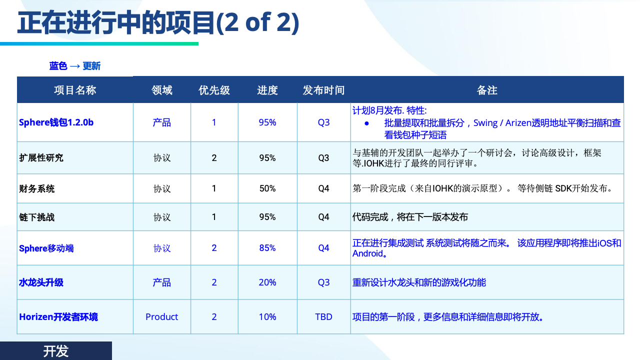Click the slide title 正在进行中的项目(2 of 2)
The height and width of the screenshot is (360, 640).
coord(158,23)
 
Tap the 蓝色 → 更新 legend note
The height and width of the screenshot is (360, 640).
coord(75,66)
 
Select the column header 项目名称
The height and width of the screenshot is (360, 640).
coord(75,90)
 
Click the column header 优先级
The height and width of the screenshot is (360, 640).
coord(214,90)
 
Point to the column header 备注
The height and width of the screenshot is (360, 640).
coord(487,90)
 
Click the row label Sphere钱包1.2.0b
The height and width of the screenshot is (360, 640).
coord(56,122)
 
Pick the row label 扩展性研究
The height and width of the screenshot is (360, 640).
coord(41,157)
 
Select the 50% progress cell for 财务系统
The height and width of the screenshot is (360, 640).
coord(267,188)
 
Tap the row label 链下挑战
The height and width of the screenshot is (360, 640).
coord(37,217)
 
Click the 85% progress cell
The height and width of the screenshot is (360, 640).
coord(267,248)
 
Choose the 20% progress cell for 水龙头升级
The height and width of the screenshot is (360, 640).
coord(267,282)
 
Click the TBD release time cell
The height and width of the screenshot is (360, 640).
coord(323,317)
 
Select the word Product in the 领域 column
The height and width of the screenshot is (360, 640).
coord(161,317)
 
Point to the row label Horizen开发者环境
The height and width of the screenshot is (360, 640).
coord(58,317)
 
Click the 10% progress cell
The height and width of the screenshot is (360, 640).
coord(267,317)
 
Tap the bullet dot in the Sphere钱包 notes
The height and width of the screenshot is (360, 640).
coord(367,123)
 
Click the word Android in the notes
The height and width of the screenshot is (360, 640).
coord(367,253)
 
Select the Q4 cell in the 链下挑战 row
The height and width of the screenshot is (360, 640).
coord(323,217)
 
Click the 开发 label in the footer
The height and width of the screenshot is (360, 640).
coord(56,351)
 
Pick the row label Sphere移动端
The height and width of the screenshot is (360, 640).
coord(46,248)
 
